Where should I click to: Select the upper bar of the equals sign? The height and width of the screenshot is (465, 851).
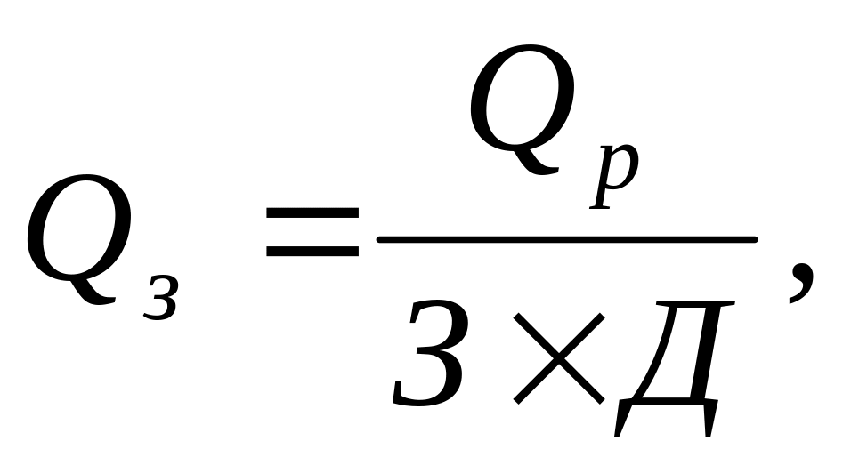312,215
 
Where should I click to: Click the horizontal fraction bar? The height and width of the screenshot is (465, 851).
566,239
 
